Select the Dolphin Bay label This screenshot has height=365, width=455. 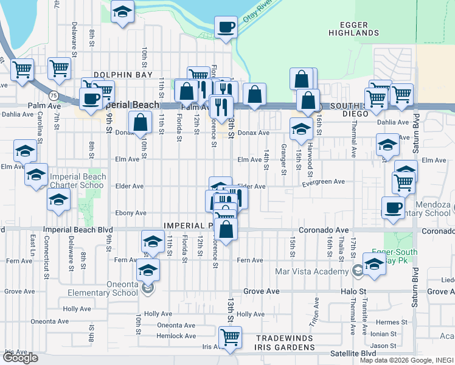click(122, 75)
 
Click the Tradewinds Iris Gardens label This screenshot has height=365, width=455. click(284, 343)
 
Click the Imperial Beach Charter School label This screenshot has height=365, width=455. click(77, 181)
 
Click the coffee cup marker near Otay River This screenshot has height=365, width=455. click(226, 27)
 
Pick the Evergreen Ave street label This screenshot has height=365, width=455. click(322, 182)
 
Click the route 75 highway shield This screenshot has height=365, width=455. click(54, 96)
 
